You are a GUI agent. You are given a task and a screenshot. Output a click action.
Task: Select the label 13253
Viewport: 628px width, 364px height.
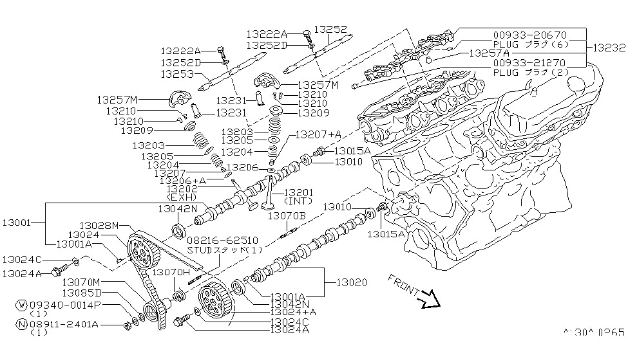click(x=178, y=74)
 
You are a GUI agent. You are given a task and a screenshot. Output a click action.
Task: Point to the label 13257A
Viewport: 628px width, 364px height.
click(x=490, y=53)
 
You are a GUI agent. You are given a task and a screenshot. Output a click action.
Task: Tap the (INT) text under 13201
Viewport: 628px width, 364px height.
click(x=298, y=201)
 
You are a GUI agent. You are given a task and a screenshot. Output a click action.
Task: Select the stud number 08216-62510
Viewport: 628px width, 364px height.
click(x=216, y=239)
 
